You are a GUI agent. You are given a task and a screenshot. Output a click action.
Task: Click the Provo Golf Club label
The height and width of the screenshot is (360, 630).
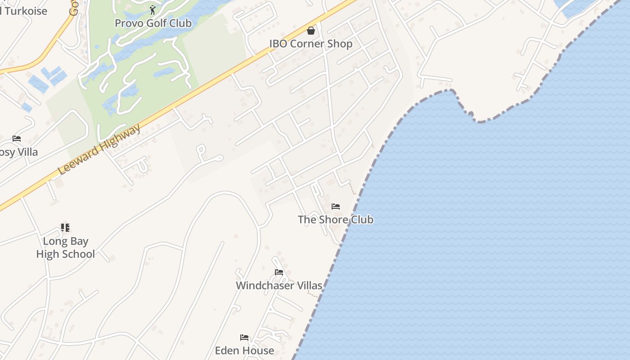click(x=153, y=23)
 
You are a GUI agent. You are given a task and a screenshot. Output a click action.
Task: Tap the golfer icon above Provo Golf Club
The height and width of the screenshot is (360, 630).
click(x=153, y=10)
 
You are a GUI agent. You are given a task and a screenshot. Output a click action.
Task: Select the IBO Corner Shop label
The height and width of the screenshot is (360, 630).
click(x=310, y=44)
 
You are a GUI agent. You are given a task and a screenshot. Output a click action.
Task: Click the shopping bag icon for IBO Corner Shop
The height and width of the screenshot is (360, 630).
click(x=310, y=31)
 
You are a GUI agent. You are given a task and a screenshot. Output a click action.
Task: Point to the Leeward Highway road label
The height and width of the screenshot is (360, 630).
click(x=99, y=150)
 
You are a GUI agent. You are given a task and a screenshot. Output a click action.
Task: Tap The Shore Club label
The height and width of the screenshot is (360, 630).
click(x=335, y=220)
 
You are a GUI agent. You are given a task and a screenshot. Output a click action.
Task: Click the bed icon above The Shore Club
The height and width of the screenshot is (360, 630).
click(x=335, y=207)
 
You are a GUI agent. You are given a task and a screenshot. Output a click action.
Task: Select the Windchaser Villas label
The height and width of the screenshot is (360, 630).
click(x=279, y=285)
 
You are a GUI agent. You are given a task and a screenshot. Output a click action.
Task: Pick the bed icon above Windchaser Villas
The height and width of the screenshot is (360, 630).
click(x=279, y=272)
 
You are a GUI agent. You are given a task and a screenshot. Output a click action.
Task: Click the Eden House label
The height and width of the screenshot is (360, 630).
click(x=244, y=350)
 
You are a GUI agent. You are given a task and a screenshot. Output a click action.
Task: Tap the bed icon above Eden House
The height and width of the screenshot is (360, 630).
click(x=244, y=337)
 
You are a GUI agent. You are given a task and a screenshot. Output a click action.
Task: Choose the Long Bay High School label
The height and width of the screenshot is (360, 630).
click(x=66, y=247)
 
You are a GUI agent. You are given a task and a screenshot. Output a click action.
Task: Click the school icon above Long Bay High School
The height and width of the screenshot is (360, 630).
click(x=65, y=228)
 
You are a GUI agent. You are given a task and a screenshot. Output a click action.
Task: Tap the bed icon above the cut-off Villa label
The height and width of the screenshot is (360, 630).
click(x=17, y=139)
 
